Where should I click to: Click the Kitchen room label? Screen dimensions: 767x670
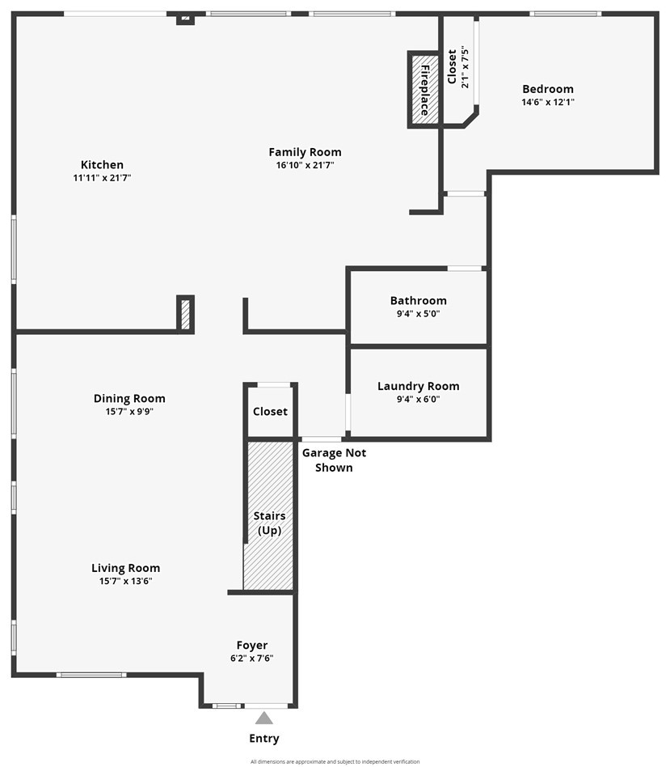(102, 165)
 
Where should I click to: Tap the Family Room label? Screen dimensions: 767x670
(305, 152)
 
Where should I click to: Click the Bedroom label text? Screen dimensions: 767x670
(547, 89)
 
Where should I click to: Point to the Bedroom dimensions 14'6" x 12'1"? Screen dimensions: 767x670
(547, 102)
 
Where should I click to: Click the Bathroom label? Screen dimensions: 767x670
(418, 301)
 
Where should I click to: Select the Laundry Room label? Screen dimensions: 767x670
(418, 386)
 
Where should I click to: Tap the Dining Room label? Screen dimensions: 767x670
(129, 398)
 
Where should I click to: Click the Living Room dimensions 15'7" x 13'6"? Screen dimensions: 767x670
(125, 581)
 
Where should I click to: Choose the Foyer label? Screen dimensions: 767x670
(251, 645)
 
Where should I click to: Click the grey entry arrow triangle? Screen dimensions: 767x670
(264, 717)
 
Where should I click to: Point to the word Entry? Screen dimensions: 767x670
(264, 738)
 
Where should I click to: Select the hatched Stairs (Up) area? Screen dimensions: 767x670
(268, 518)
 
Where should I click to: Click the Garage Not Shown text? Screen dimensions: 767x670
(334, 460)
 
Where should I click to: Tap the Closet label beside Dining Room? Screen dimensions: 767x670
(270, 411)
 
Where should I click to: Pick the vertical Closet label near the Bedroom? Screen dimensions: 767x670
(452, 66)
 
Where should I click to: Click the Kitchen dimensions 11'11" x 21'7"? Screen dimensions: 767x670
(102, 177)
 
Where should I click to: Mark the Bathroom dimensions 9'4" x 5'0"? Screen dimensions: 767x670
(418, 314)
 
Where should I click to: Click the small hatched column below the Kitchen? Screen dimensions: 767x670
(185, 314)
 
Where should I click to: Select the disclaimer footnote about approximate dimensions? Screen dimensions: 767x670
(335, 761)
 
